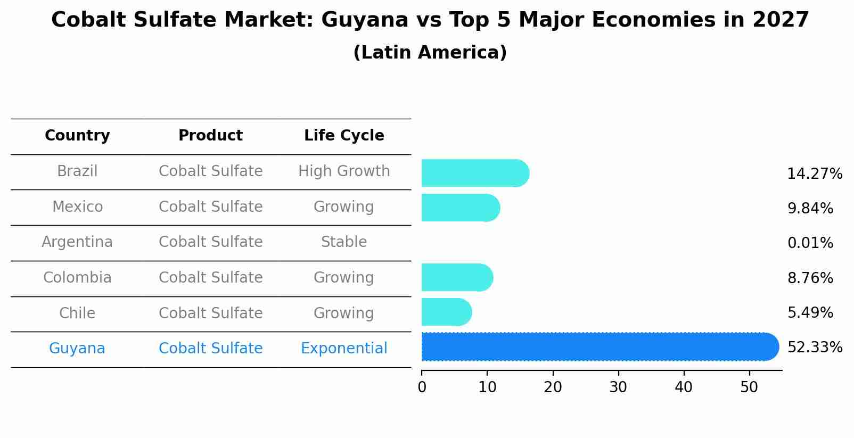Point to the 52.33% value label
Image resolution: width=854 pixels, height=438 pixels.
pyautogui.click(x=815, y=348)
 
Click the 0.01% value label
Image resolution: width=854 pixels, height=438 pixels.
pyautogui.click(x=810, y=243)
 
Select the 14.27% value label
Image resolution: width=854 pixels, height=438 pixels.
pyautogui.click(x=815, y=174)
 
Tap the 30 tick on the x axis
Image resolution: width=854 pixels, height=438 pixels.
pyautogui.click(x=618, y=387)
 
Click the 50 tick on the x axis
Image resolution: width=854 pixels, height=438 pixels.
pyautogui.click(x=749, y=387)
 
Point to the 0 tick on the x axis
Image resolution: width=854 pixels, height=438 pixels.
pyautogui.click(x=422, y=387)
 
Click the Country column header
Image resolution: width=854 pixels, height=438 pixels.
pyautogui.click(x=77, y=136)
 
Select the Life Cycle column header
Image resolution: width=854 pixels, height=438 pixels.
pyautogui.click(x=344, y=136)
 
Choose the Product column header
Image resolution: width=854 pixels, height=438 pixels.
pyautogui.click(x=210, y=136)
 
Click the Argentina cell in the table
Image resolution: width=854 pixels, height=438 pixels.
pyautogui.click(x=77, y=242)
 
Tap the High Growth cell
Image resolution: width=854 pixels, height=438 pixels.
pyautogui.click(x=344, y=171)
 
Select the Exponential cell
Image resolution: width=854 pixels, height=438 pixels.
pyautogui.click(x=344, y=349)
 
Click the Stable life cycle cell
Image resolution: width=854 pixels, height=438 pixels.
pyautogui.click(x=344, y=242)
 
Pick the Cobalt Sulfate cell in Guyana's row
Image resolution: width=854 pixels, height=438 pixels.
pyautogui.click(x=210, y=349)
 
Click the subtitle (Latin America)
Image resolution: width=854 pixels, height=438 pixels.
pyautogui.click(x=430, y=53)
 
